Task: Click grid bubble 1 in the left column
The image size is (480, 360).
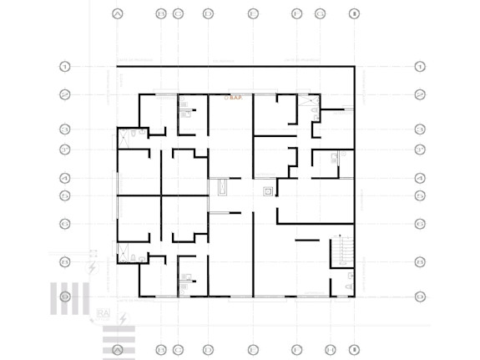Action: [x=64, y=66]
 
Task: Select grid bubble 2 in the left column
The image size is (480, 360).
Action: [x=64, y=94]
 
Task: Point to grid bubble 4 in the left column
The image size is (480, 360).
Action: [x=64, y=178]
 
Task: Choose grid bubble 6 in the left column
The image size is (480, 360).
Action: [x=64, y=224]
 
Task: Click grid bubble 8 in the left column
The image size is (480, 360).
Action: [x=64, y=261]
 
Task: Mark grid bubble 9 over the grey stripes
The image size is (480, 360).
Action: [x=64, y=297]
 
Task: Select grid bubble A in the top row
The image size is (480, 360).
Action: [x=117, y=14]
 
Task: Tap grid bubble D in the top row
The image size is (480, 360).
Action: [x=208, y=14]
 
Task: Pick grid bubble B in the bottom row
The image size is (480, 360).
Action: [x=161, y=349]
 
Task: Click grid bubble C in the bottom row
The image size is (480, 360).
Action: [x=178, y=349]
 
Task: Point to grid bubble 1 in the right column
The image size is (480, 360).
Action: [x=421, y=66]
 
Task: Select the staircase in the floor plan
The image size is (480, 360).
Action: [x=341, y=250]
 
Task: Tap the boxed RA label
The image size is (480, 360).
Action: [x=104, y=314]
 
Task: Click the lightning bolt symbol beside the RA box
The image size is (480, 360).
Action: [x=123, y=318]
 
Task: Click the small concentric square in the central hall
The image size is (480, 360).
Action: [x=267, y=191]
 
